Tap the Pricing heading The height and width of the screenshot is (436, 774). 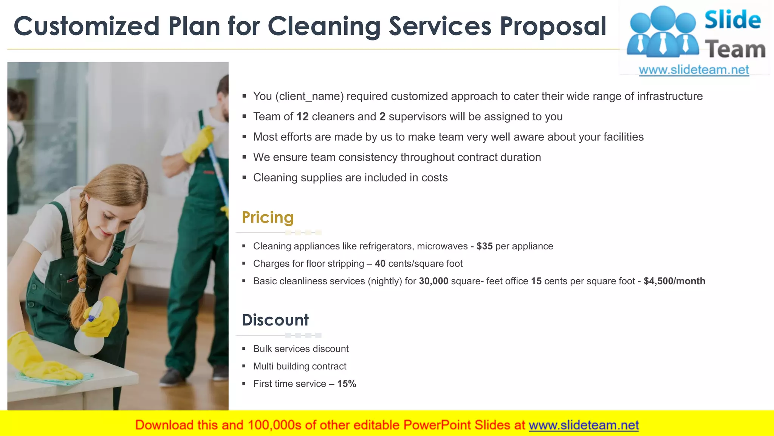click(268, 218)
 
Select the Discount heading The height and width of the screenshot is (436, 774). click(275, 320)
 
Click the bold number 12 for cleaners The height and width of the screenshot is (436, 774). click(302, 117)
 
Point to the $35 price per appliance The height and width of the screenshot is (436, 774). click(485, 246)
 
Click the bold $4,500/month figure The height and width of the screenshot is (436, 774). click(674, 281)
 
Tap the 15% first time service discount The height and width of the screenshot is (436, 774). click(347, 384)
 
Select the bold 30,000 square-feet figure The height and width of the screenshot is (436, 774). click(433, 281)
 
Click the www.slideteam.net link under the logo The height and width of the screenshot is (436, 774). click(694, 70)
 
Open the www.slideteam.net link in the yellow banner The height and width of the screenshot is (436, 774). click(584, 425)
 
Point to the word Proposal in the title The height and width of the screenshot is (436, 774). click(553, 26)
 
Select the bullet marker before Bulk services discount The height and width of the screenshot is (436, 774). click(244, 349)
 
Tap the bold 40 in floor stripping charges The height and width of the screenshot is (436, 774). click(380, 264)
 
